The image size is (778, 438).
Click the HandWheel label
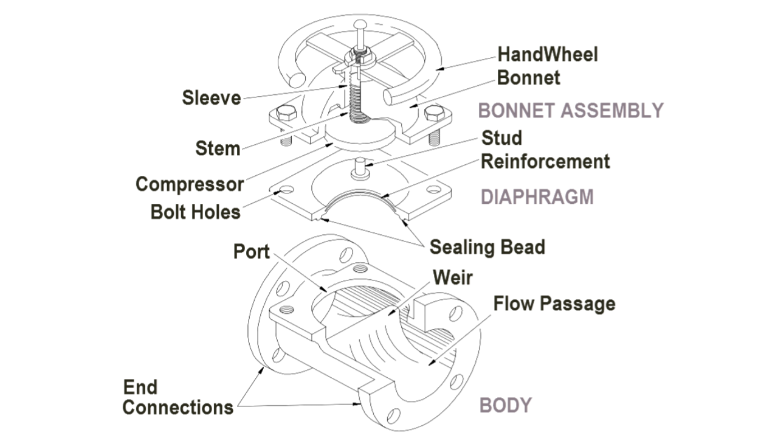click(548, 54)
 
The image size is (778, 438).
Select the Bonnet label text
click(528, 78)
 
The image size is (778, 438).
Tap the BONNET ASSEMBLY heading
click(571, 110)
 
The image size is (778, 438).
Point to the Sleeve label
click(212, 97)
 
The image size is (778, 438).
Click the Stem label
click(218, 148)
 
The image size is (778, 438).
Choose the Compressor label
click(190, 184)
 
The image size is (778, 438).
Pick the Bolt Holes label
click(195, 212)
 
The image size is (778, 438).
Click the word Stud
click(501, 137)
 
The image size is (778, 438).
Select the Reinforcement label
click(545, 161)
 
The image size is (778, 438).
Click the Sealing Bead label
click(487, 247)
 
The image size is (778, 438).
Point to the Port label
click(251, 251)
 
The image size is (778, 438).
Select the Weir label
click(452, 277)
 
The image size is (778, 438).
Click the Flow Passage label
click(554, 303)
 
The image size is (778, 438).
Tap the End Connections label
click(177, 397)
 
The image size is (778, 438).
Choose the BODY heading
click(506, 405)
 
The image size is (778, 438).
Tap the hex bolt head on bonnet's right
click(434, 113)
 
